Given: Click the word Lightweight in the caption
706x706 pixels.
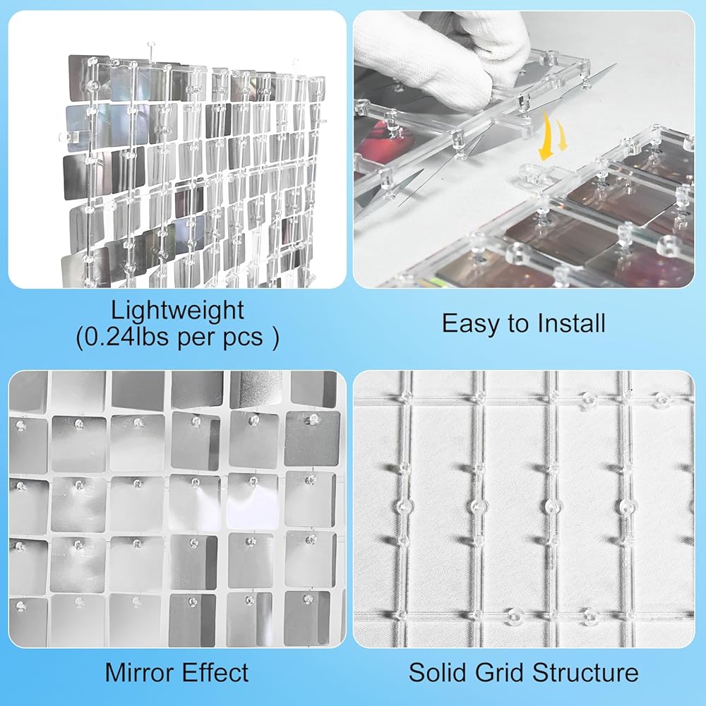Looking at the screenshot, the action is (177, 311).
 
